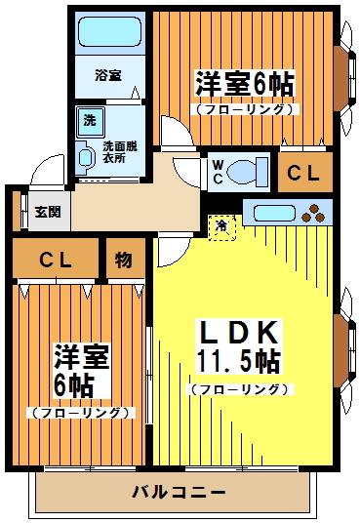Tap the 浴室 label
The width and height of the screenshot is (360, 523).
[107, 75]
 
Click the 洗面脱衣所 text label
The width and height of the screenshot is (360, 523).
[121, 151]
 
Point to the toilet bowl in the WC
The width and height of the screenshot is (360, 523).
[250, 172]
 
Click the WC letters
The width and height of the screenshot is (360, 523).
[218, 172]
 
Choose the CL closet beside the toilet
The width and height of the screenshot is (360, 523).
[303, 173]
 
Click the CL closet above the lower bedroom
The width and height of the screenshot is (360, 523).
[55, 260]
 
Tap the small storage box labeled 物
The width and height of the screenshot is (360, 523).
[123, 260]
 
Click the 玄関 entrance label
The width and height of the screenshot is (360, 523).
[47, 211]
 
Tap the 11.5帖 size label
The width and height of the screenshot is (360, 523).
[239, 361]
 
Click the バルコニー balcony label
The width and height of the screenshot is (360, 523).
[179, 492]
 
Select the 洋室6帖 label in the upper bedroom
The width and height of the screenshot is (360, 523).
[244, 84]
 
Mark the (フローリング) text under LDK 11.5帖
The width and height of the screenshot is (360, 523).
[239, 389]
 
